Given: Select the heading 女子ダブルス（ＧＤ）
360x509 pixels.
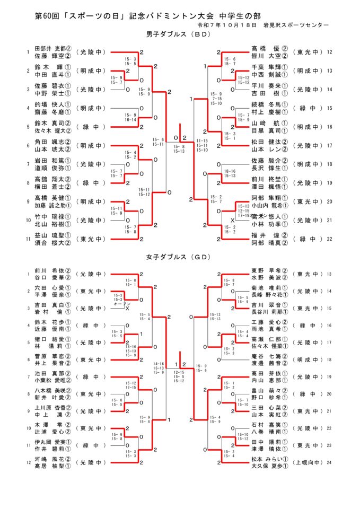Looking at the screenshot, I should (179, 257).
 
